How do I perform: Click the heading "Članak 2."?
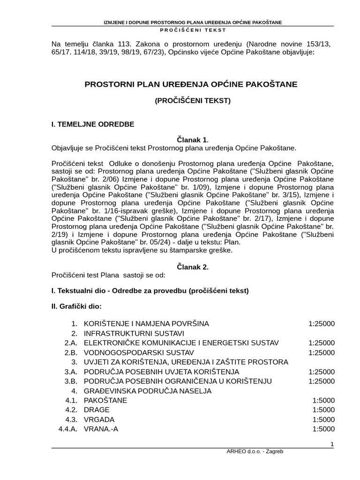pyautogui.click(x=192, y=267)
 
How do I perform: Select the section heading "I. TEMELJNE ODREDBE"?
pyautogui.click(x=93, y=124)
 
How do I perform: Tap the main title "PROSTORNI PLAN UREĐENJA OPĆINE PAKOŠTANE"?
pyautogui.click(x=191, y=84)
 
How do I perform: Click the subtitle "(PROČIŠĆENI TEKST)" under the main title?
pyautogui.click(x=193, y=100)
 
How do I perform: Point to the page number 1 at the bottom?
pyautogui.click(x=332, y=444)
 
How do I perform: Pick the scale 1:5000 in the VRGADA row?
pyautogui.click(x=323, y=420)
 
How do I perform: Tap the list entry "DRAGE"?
pyautogui.click(x=97, y=410)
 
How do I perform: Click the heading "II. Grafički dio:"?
pyautogui.click(x=76, y=307)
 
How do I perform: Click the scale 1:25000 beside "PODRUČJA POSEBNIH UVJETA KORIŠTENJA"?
pyautogui.click(x=322, y=372)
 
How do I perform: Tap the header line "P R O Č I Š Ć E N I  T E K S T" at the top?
pyautogui.click(x=193, y=30)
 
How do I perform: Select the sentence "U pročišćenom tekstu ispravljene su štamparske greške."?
pyautogui.click(x=142, y=250)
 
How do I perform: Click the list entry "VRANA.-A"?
pyautogui.click(x=101, y=429)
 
